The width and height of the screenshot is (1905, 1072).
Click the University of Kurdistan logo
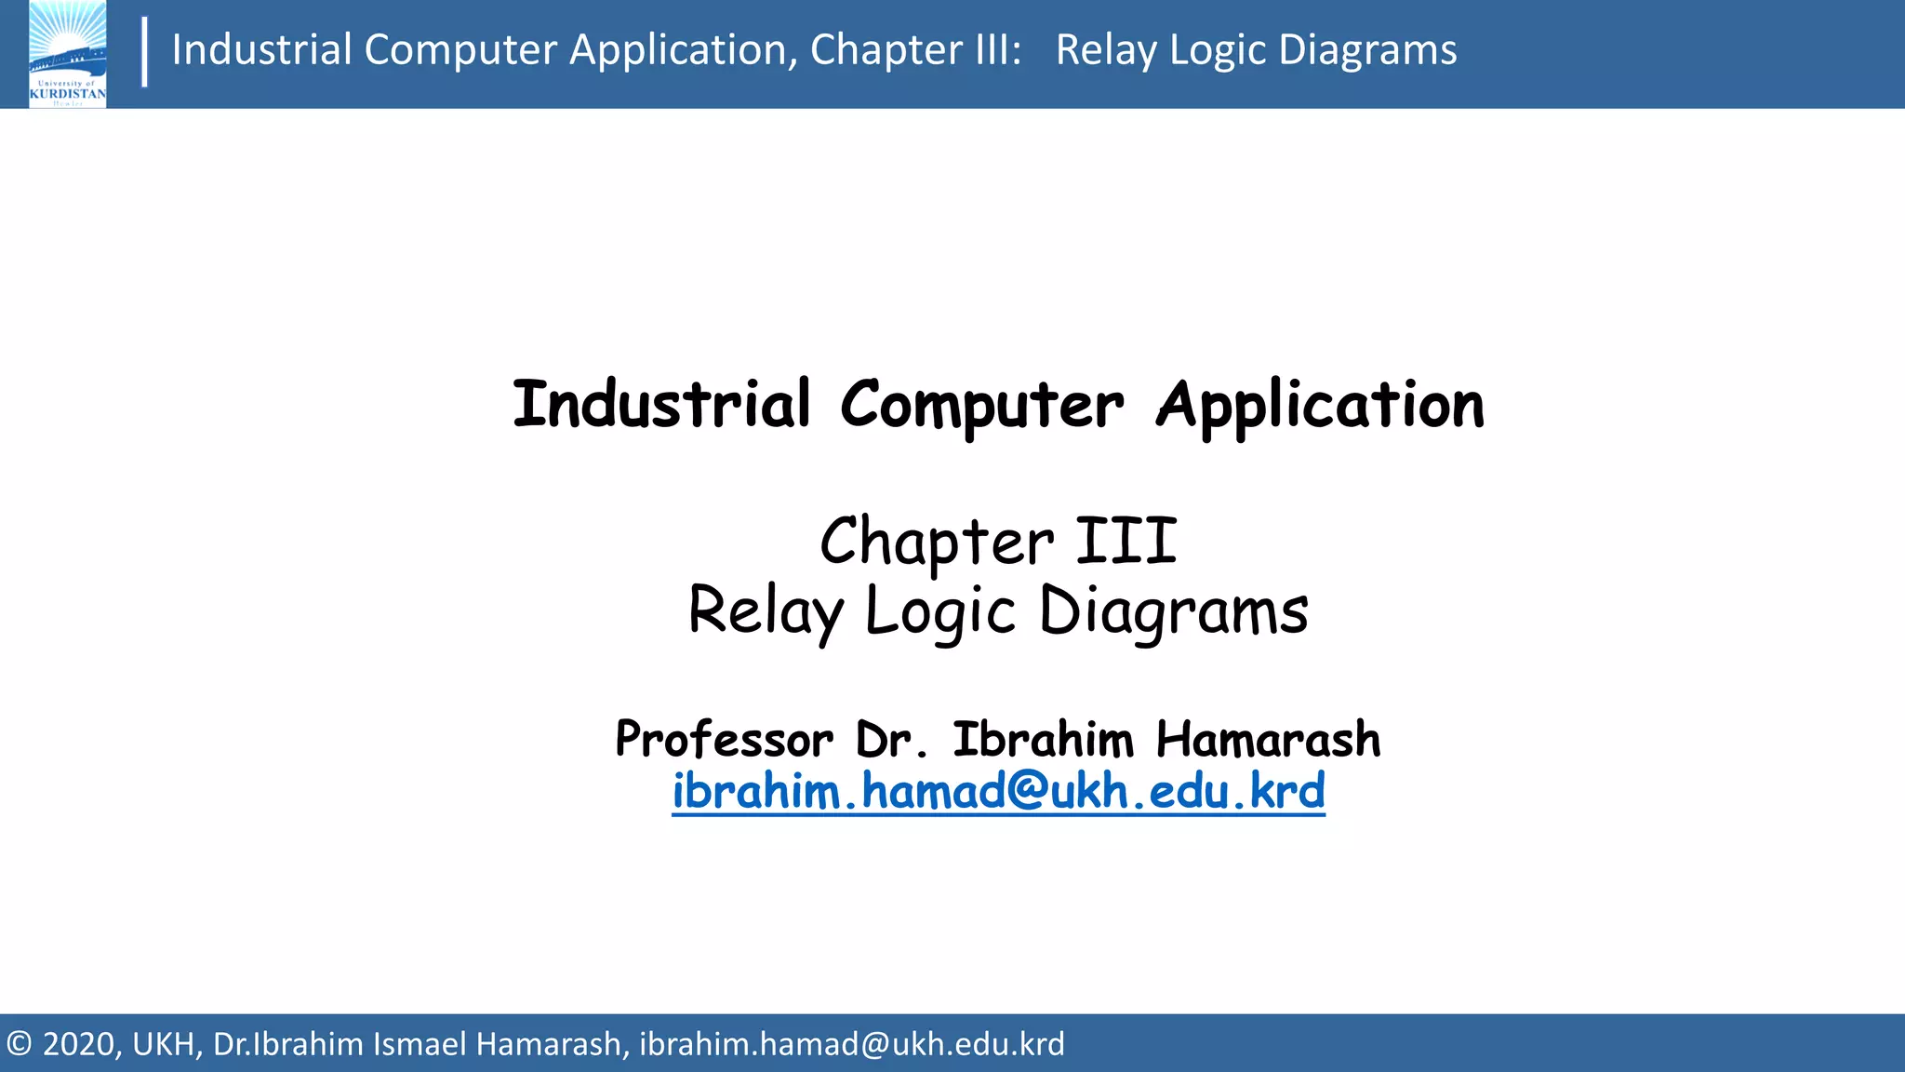pos(67,54)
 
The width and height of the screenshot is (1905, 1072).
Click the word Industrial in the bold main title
pos(661,405)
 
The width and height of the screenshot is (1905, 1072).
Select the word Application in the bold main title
pos(1320,407)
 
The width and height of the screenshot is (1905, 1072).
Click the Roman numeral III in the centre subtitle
pos(1126,542)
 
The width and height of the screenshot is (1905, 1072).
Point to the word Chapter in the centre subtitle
pos(937,543)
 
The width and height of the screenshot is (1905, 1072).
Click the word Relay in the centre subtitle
pos(765,611)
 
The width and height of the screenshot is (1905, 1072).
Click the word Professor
pos(724,741)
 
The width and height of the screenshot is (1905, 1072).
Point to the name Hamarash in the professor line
pos(1268,740)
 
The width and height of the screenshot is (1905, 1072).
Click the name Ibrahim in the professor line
pos(1043,740)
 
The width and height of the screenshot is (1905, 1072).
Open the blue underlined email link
pos(998,792)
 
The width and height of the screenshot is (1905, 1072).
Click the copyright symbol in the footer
pos(19,1044)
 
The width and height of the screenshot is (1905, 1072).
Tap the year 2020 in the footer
pos(79,1044)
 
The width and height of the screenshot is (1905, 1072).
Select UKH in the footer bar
pos(166,1044)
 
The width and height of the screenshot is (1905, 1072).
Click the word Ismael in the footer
pos(419,1044)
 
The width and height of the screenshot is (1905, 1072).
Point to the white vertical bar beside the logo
pos(144,52)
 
